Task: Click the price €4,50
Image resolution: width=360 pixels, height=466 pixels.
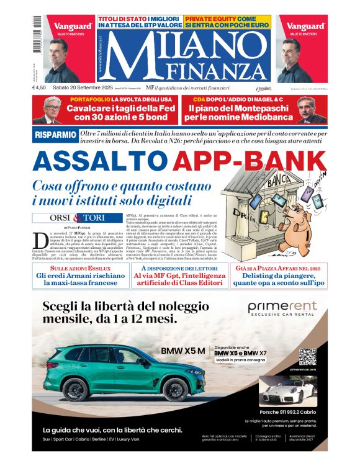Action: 40,88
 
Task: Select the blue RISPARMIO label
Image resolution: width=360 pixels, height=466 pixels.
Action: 56,134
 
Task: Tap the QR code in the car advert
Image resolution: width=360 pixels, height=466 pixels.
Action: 308,358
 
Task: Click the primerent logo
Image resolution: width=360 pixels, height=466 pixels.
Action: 282,307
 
